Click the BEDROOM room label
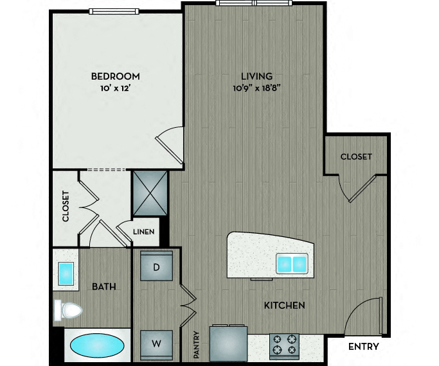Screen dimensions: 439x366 (115, 76)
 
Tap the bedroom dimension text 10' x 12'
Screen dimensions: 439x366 (116, 89)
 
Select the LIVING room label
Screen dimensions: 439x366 (256, 76)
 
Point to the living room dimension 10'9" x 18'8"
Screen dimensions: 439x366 (256, 89)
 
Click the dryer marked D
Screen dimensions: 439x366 (156, 266)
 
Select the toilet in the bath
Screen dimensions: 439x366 (68, 310)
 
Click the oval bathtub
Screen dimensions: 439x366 (97, 346)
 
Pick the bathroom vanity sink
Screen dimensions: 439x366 (66, 274)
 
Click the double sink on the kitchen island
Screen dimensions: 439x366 (292, 263)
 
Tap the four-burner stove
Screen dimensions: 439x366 (284, 346)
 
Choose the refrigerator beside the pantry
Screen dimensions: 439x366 (228, 344)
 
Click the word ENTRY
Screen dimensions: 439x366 (363, 347)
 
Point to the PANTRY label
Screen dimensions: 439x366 (196, 345)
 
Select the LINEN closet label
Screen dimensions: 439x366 (143, 232)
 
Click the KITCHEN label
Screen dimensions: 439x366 (285, 306)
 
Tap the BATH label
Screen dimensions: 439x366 (104, 286)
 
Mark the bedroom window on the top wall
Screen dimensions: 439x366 (114, 12)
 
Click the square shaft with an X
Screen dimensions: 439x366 (150, 193)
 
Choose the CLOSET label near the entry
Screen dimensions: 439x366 (356, 157)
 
